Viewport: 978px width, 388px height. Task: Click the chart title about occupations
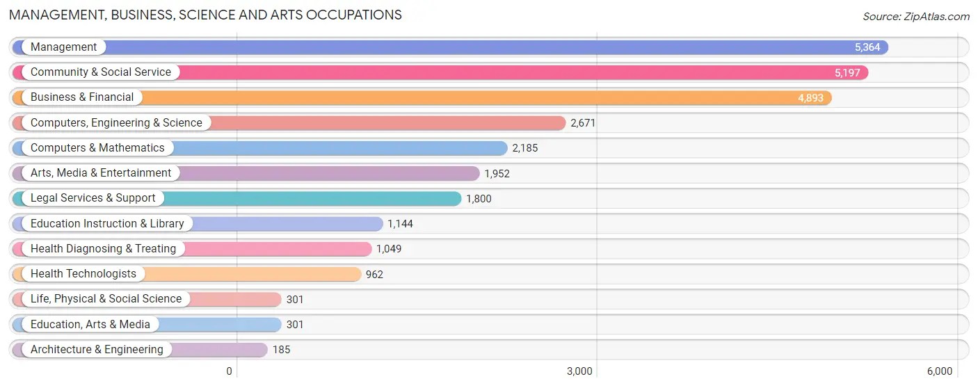pyautogui.click(x=205, y=15)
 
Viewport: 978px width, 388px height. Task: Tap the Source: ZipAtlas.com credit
pyautogui.click(x=915, y=16)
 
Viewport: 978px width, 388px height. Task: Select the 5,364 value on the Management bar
pyautogui.click(x=867, y=47)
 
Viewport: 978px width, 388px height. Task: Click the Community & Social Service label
pyautogui.click(x=100, y=72)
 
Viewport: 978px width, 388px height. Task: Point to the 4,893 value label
pyautogui.click(x=810, y=98)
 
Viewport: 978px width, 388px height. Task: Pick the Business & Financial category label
pyautogui.click(x=82, y=97)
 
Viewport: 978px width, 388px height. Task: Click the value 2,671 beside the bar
pyautogui.click(x=583, y=123)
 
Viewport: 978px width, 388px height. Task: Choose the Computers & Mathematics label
pyautogui.click(x=97, y=148)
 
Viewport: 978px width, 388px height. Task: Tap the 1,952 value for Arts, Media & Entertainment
pyautogui.click(x=497, y=174)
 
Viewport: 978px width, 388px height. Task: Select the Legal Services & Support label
pyautogui.click(x=93, y=198)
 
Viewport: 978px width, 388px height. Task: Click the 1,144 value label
pyautogui.click(x=400, y=224)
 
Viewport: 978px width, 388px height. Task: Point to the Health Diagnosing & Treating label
pyautogui.click(x=103, y=249)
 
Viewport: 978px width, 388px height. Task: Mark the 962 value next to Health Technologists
pyautogui.click(x=374, y=275)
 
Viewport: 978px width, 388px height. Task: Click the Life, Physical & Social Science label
pyautogui.click(x=106, y=299)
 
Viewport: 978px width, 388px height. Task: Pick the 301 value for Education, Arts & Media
pyautogui.click(x=295, y=325)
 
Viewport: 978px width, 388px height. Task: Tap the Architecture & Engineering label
pyautogui.click(x=97, y=350)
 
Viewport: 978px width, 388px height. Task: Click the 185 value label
pyautogui.click(x=281, y=350)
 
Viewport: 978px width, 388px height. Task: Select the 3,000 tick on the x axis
pyautogui.click(x=579, y=371)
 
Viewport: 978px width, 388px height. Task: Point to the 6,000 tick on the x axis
pyautogui.click(x=939, y=371)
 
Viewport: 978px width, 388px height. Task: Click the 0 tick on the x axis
pyautogui.click(x=229, y=371)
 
